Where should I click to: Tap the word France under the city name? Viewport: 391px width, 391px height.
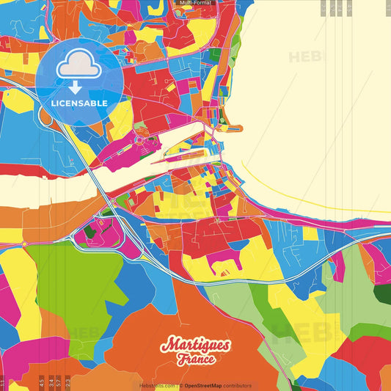[x=195, y=359]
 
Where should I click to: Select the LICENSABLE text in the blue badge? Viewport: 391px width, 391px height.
[x=79, y=103]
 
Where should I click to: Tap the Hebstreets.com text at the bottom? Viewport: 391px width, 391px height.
[x=156, y=385]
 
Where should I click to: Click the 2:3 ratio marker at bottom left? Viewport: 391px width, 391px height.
[x=67, y=381]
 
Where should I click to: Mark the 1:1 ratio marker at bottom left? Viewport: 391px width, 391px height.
[x=3, y=381]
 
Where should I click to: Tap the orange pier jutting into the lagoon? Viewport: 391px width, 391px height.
[x=233, y=128]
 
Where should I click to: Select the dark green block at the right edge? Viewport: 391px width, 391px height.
[x=382, y=293]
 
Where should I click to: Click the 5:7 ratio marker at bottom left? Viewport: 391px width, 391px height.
[x=59, y=381]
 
